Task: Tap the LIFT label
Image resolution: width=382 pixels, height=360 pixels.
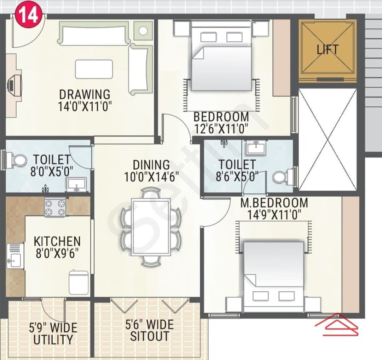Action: click(x=328, y=50)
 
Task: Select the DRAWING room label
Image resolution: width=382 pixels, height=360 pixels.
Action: click(x=85, y=94)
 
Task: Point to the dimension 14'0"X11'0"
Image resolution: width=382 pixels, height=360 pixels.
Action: click(x=85, y=106)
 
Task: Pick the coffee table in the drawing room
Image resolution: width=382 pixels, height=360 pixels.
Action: click(x=94, y=69)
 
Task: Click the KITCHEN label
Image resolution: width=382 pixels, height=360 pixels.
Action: click(x=57, y=242)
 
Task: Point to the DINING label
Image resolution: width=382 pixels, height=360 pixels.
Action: click(x=151, y=165)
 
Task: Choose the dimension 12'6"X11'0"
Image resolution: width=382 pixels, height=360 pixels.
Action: click(x=221, y=128)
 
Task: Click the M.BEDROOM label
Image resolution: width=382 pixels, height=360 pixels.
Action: click(x=274, y=203)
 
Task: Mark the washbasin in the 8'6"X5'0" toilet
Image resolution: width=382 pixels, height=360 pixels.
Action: click(x=256, y=147)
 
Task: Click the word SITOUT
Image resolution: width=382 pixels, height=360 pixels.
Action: click(x=150, y=336)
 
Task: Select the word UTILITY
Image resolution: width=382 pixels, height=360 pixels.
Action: click(x=53, y=339)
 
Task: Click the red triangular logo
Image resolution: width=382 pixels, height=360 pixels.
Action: click(x=337, y=324)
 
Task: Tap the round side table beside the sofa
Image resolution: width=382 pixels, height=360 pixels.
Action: click(x=143, y=31)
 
